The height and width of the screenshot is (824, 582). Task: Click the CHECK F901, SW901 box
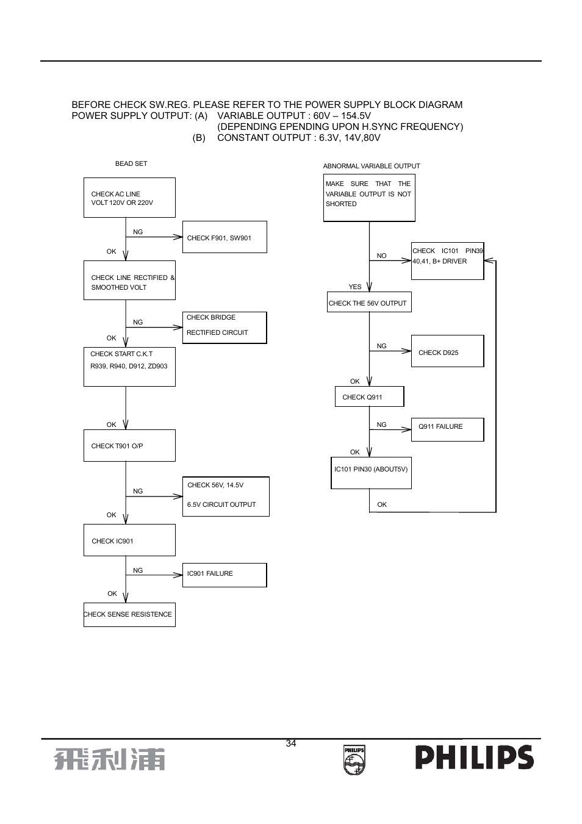[225, 237]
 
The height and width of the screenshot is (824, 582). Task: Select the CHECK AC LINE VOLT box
[129, 198]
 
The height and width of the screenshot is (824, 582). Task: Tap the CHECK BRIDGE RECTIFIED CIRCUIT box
[225, 328]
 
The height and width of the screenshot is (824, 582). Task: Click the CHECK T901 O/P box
[129, 445]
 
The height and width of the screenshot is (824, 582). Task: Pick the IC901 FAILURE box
[225, 575]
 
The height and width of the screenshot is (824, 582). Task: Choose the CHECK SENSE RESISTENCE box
[129, 615]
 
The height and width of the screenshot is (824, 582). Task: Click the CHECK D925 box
[447, 351]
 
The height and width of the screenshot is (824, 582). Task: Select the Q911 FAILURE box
[447, 429]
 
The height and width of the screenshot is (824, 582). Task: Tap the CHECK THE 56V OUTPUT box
[369, 302]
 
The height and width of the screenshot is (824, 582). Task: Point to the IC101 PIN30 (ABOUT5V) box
[371, 473]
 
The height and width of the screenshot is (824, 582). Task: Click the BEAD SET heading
[131, 163]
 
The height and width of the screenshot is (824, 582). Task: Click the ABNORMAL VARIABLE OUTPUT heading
[371, 166]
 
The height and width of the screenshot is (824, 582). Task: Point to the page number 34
[291, 743]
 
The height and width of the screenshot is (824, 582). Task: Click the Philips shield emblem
[354, 760]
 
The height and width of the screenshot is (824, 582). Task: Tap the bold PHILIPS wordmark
[475, 757]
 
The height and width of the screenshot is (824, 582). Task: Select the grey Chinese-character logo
[110, 759]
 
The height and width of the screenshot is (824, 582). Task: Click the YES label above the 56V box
[355, 287]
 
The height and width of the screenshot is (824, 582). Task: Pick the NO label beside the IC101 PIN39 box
[381, 256]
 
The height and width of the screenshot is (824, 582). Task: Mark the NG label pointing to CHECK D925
[381, 346]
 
